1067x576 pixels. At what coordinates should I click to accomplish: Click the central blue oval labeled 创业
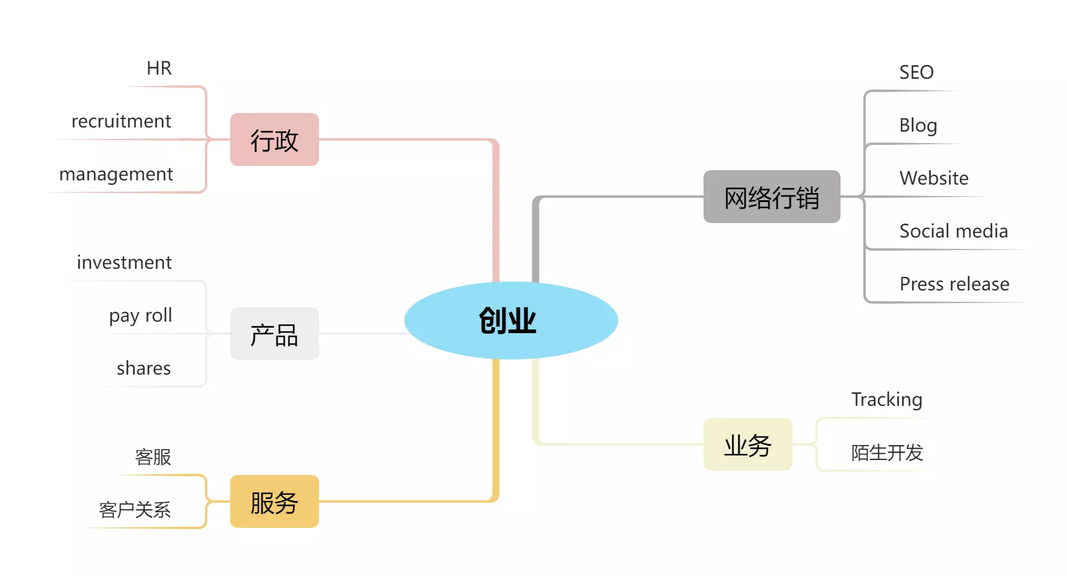[x=511, y=320]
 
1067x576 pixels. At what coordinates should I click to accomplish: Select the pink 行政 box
[x=274, y=139]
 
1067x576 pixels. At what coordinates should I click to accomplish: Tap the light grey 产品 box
[x=274, y=334]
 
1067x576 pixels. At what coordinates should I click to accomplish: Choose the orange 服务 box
[x=274, y=501]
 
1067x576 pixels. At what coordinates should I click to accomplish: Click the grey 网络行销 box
[x=771, y=197]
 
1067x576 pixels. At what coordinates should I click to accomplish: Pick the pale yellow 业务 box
[x=747, y=444]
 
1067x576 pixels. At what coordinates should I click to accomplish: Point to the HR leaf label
[x=159, y=68]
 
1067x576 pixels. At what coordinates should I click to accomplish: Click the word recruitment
[x=121, y=121]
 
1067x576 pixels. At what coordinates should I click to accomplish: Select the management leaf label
[x=116, y=174]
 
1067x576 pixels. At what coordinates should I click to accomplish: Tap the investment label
[x=124, y=262]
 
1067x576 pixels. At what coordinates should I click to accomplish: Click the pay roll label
[x=141, y=315]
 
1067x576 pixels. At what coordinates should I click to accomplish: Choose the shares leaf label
[x=144, y=368]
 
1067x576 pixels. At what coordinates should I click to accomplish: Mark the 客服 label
[x=153, y=457]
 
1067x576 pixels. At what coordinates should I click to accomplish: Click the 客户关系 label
[x=135, y=510]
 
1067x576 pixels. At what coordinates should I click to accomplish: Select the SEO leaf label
[x=916, y=72]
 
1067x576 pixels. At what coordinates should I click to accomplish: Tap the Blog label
[x=918, y=125]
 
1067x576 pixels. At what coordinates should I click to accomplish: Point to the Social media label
[x=953, y=231]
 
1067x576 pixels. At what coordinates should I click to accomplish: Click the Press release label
[x=954, y=284]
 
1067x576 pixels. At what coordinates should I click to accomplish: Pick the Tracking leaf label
[x=887, y=399]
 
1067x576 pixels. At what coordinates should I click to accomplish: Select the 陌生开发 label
[x=887, y=452]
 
